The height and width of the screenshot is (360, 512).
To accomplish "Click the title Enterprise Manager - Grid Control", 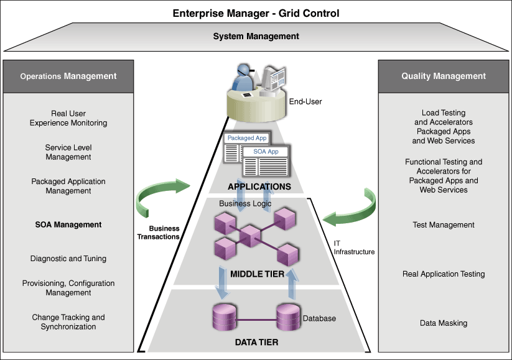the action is tap(256, 14).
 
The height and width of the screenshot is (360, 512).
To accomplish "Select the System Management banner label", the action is tap(256, 36).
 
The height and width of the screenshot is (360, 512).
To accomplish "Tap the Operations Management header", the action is tap(68, 76).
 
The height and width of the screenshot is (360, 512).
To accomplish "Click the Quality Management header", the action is tap(444, 76).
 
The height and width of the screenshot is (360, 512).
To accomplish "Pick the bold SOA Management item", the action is tap(68, 224).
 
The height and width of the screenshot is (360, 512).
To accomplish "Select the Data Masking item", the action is tap(444, 323).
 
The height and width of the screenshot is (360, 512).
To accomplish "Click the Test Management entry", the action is tap(444, 225).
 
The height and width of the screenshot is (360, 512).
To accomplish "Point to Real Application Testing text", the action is tap(444, 274).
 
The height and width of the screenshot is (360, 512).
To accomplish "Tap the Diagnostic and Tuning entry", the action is tap(68, 259).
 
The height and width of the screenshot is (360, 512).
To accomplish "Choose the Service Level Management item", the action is tap(68, 152).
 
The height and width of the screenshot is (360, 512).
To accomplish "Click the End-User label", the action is tap(305, 101).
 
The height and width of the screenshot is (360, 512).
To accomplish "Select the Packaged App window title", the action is tap(247, 138).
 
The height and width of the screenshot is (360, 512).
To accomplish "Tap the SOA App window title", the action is tap(266, 152).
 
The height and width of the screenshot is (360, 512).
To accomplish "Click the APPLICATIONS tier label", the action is tap(259, 187).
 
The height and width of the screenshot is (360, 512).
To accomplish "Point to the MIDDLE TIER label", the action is tap(258, 274).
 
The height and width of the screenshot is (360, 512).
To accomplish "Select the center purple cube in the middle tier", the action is tap(250, 236).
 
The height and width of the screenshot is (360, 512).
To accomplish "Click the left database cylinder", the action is tap(225, 317).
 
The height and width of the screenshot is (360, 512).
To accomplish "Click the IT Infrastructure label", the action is tap(354, 247).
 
